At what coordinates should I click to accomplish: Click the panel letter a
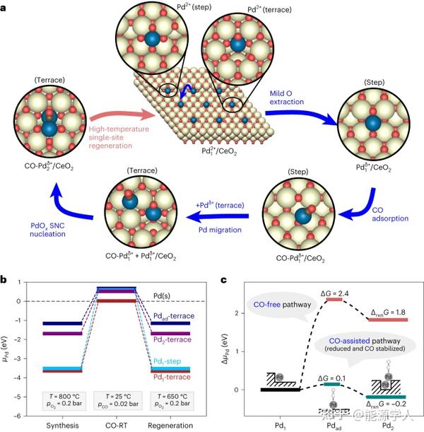coord(6,6)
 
